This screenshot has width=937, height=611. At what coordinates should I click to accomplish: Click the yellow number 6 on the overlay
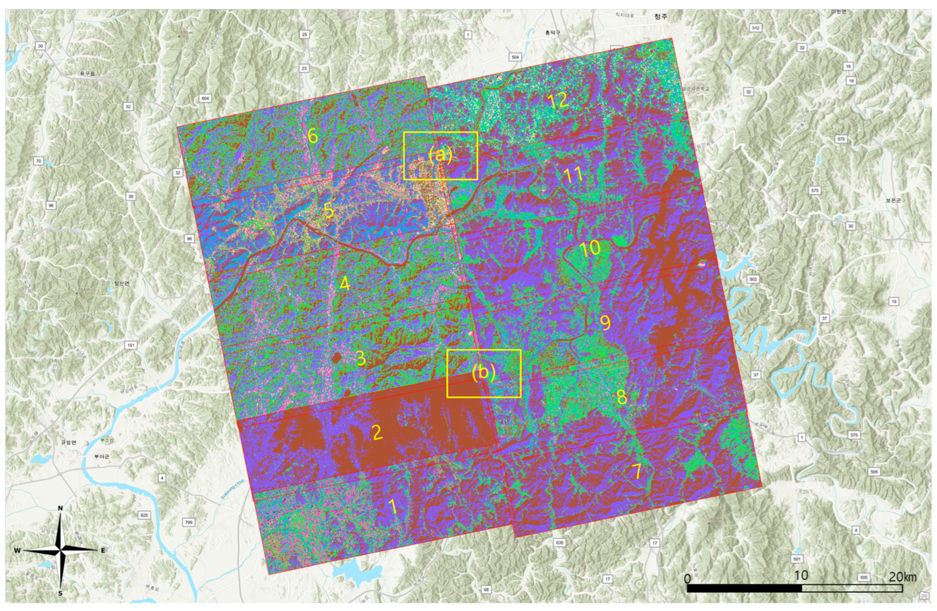point(313,136)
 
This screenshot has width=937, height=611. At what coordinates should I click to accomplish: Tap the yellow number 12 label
point(558,101)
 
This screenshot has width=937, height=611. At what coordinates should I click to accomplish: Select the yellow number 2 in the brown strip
point(377,432)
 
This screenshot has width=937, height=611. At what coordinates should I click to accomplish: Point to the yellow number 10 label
point(590,249)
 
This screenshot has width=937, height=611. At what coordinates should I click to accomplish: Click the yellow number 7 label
point(637,471)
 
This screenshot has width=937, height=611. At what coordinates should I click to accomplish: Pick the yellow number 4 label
point(345,283)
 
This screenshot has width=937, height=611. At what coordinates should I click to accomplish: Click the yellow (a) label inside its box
point(440,155)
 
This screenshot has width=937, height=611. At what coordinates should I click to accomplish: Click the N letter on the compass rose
point(60,508)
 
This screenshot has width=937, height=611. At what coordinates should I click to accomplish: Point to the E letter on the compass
point(103,550)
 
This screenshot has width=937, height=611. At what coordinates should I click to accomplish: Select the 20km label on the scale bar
point(902,577)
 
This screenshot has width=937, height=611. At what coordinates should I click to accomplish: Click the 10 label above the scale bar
point(801,576)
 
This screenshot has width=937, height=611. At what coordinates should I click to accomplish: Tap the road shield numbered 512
point(755,28)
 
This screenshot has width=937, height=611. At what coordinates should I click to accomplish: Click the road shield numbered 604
point(205,98)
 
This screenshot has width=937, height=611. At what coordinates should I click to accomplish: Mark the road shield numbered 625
point(145,515)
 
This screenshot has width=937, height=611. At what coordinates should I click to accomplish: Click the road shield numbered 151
point(131,345)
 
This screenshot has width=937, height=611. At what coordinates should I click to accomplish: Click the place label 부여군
point(101,456)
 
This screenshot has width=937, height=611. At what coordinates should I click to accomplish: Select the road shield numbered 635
point(559,543)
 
